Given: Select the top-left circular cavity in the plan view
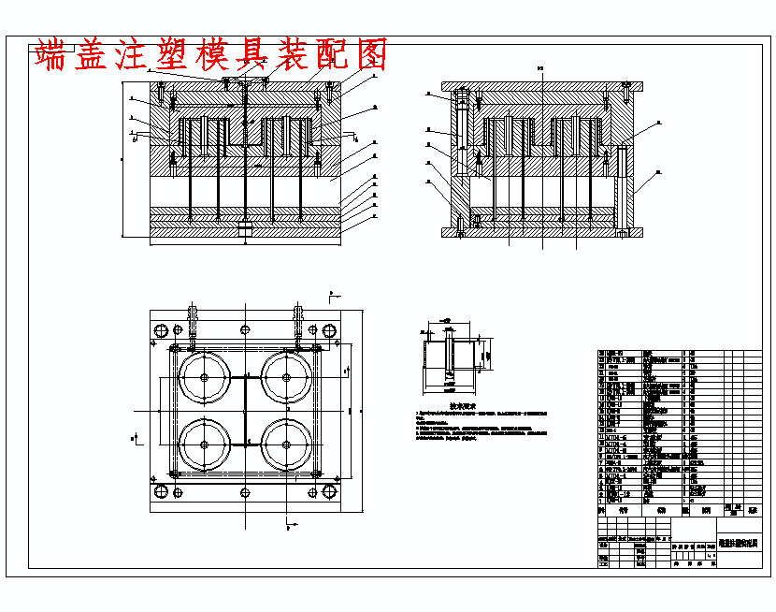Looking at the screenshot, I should click(204, 378).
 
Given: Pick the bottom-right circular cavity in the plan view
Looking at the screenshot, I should click(287, 444).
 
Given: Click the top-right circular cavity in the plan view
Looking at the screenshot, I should click(287, 378).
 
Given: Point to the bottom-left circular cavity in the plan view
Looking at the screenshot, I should click(204, 444).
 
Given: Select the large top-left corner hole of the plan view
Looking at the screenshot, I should click(160, 329).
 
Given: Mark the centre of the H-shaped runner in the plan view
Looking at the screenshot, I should click(245, 411).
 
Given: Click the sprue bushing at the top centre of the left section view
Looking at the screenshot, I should click(245, 94).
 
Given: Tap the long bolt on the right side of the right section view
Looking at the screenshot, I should click(620, 187).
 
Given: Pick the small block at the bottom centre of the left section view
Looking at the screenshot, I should click(245, 227).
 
